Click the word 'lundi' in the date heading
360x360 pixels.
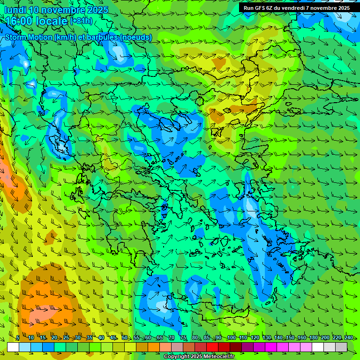[15, 10]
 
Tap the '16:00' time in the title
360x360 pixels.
[19, 21]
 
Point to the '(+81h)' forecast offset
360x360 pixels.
[81, 21]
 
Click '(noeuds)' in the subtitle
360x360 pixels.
[136, 37]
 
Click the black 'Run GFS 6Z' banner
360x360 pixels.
[296, 8]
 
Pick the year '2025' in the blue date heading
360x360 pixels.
[97, 10]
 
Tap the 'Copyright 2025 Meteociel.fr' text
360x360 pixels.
[199, 357]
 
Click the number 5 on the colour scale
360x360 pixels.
[17, 338]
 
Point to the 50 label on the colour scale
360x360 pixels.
[124, 338]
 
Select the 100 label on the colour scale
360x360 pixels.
[231, 338]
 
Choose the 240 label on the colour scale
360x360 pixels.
[349, 338]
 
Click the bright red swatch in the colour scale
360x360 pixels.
[212, 347]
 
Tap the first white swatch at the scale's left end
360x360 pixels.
[13, 347]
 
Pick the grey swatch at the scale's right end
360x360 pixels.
[341, 347]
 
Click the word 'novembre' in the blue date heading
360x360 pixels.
[62, 10]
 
